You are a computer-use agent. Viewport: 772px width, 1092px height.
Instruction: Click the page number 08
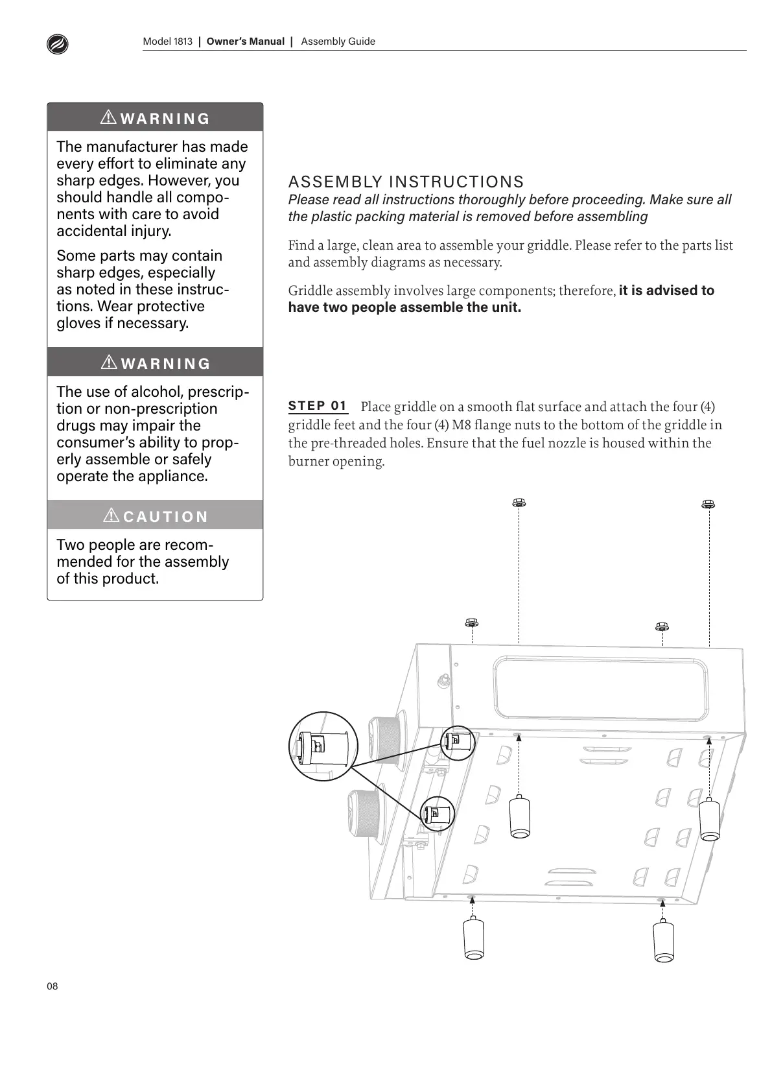53,986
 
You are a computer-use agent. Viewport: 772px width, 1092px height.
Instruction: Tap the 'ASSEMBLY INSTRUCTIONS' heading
406,182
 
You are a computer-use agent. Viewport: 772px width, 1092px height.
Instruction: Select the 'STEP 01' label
318,406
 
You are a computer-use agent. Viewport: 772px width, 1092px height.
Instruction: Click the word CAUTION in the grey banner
165,517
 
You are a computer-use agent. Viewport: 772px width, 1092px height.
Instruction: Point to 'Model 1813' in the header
167,42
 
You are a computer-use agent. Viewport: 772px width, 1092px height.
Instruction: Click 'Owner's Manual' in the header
245,42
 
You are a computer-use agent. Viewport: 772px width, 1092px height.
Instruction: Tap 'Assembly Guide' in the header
338,42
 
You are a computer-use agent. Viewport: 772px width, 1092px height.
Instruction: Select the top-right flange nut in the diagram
708,504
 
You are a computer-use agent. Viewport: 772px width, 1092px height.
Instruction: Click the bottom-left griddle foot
473,939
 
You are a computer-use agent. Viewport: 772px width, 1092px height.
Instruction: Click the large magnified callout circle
323,746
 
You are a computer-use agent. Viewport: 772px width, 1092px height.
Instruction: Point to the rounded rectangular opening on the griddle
600,689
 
